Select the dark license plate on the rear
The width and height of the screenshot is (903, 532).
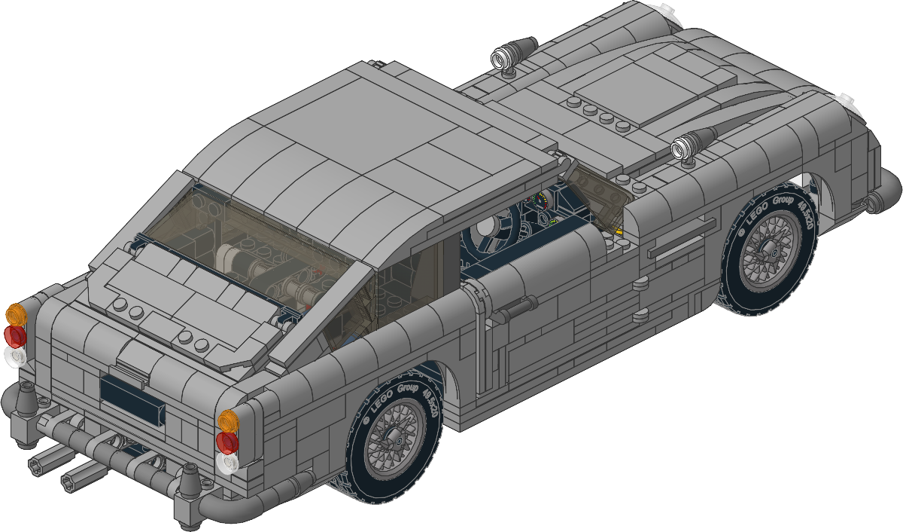coord(132,399)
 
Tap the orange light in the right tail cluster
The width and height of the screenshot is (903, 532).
coord(229,420)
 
